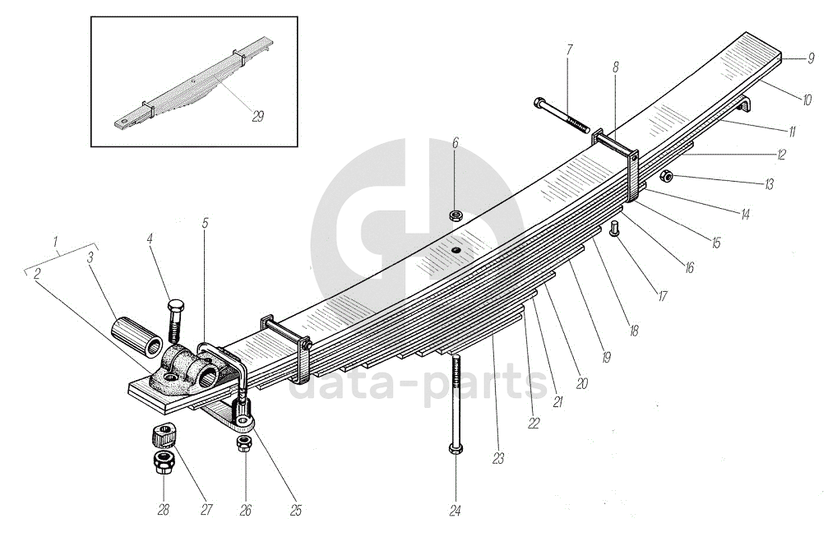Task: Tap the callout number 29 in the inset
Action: point(258,117)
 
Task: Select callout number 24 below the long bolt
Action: point(455,511)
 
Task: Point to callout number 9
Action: point(810,58)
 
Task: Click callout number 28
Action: point(163,510)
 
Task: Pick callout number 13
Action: point(768,184)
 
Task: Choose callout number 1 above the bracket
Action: point(56,243)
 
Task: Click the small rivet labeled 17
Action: point(614,228)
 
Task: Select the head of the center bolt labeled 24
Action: point(455,449)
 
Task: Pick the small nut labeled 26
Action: point(243,444)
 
